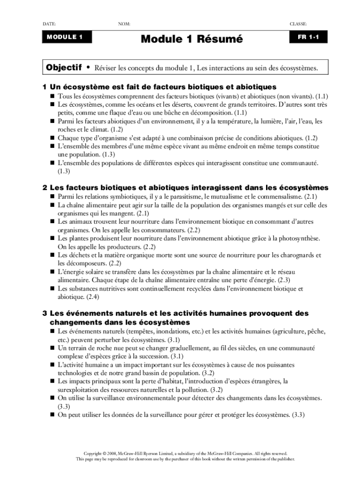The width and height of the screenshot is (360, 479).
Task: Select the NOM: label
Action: click(x=124, y=23)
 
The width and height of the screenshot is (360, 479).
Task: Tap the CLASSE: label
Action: click(x=298, y=23)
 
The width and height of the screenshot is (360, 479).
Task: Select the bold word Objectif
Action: click(x=64, y=68)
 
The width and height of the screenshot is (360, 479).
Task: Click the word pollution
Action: click(x=193, y=389)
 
